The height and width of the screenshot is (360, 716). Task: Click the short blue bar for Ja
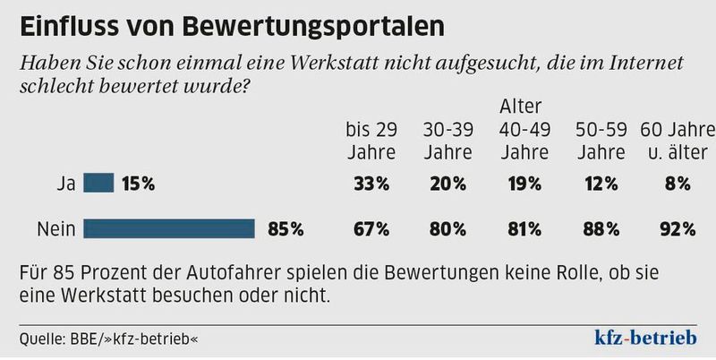[x=98, y=184]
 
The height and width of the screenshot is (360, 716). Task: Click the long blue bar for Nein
[x=169, y=229]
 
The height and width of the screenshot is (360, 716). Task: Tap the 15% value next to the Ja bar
[x=139, y=184]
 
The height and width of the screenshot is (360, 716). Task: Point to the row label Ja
[x=64, y=184]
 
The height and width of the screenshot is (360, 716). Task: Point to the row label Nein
[x=55, y=229]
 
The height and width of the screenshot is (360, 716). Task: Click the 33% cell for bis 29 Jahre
[x=371, y=184]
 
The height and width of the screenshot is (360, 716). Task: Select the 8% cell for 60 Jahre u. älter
[x=677, y=184]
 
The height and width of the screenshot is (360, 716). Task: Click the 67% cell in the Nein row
[x=371, y=229]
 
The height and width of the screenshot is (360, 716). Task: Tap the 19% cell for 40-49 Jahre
[x=524, y=184]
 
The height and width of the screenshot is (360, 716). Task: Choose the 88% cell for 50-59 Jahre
[x=601, y=229]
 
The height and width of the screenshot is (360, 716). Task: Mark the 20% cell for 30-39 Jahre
[x=447, y=184]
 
